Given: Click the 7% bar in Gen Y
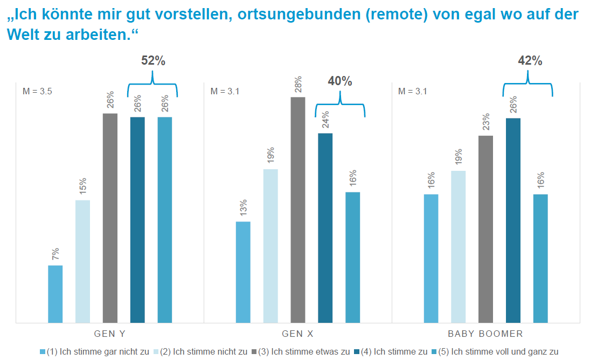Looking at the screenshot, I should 55,294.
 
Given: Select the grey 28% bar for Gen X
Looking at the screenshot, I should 298,210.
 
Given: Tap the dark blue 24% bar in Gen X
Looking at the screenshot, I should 325,227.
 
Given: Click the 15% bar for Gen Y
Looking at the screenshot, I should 82,261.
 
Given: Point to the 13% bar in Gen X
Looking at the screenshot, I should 243,272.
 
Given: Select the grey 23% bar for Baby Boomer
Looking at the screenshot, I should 485,229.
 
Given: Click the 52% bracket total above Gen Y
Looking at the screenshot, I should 153,61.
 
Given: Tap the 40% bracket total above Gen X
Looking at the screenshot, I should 340,81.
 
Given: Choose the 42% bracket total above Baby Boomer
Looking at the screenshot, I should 530,61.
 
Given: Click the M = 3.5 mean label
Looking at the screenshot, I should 37,92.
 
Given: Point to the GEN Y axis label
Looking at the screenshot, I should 109,334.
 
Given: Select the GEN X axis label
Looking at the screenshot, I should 297,334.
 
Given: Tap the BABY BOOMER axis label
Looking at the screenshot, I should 485,334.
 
